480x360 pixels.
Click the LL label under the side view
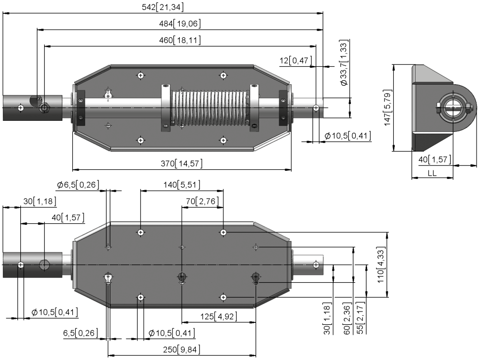pos(432,173)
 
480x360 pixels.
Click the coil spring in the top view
pos(211,108)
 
